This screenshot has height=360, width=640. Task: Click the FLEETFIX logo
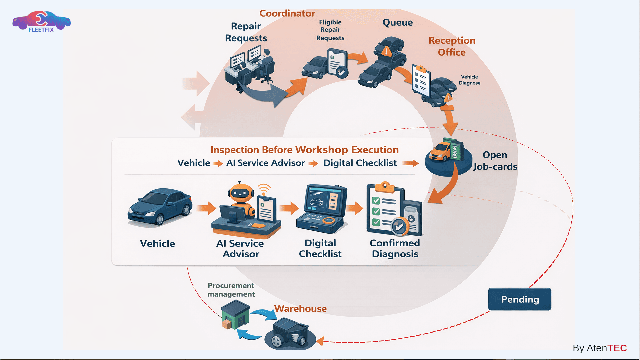click(41, 22)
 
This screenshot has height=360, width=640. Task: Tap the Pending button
click(519, 299)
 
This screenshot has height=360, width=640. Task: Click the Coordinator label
click(287, 13)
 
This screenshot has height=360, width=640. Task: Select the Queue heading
click(397, 23)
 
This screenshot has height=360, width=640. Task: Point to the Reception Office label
click(452, 46)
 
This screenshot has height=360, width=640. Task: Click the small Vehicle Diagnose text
click(469, 80)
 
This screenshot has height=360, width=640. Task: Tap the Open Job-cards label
click(495, 161)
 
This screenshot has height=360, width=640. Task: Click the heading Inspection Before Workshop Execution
click(304, 150)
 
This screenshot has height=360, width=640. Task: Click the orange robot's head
click(241, 192)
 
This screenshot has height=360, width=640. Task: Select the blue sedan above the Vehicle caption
click(160, 207)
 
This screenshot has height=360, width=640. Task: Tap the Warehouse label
click(300, 309)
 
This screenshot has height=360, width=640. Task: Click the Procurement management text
click(231, 290)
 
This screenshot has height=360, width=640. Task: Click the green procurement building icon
click(235, 314)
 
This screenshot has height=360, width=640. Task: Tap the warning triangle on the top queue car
click(386, 51)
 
